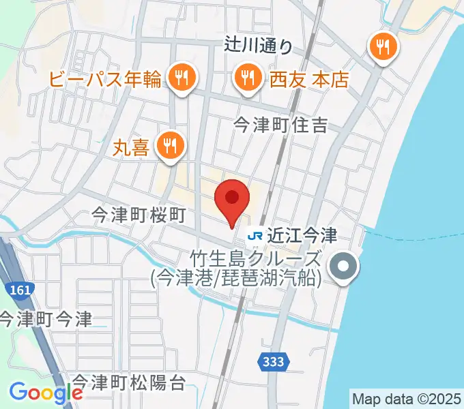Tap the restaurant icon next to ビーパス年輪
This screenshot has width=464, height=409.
pyautogui.click(x=181, y=77)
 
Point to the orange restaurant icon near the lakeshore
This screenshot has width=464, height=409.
pyautogui.click(x=383, y=47)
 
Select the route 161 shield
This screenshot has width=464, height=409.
pyautogui.click(x=21, y=290)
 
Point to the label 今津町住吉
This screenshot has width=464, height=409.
pyautogui.click(x=281, y=125)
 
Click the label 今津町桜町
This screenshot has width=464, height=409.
pyautogui.click(x=139, y=216)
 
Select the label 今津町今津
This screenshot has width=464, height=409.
pyautogui.click(x=46, y=318)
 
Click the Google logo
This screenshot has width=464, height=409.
pyautogui.click(x=46, y=393)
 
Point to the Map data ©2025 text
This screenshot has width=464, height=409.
pyautogui.click(x=407, y=398)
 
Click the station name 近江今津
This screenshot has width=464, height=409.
pyautogui.click(x=302, y=236)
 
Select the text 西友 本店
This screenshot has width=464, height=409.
pyautogui.click(x=310, y=80)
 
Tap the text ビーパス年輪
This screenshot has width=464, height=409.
pyautogui.click(x=105, y=80)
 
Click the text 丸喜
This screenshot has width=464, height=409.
pyautogui.click(x=132, y=148)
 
